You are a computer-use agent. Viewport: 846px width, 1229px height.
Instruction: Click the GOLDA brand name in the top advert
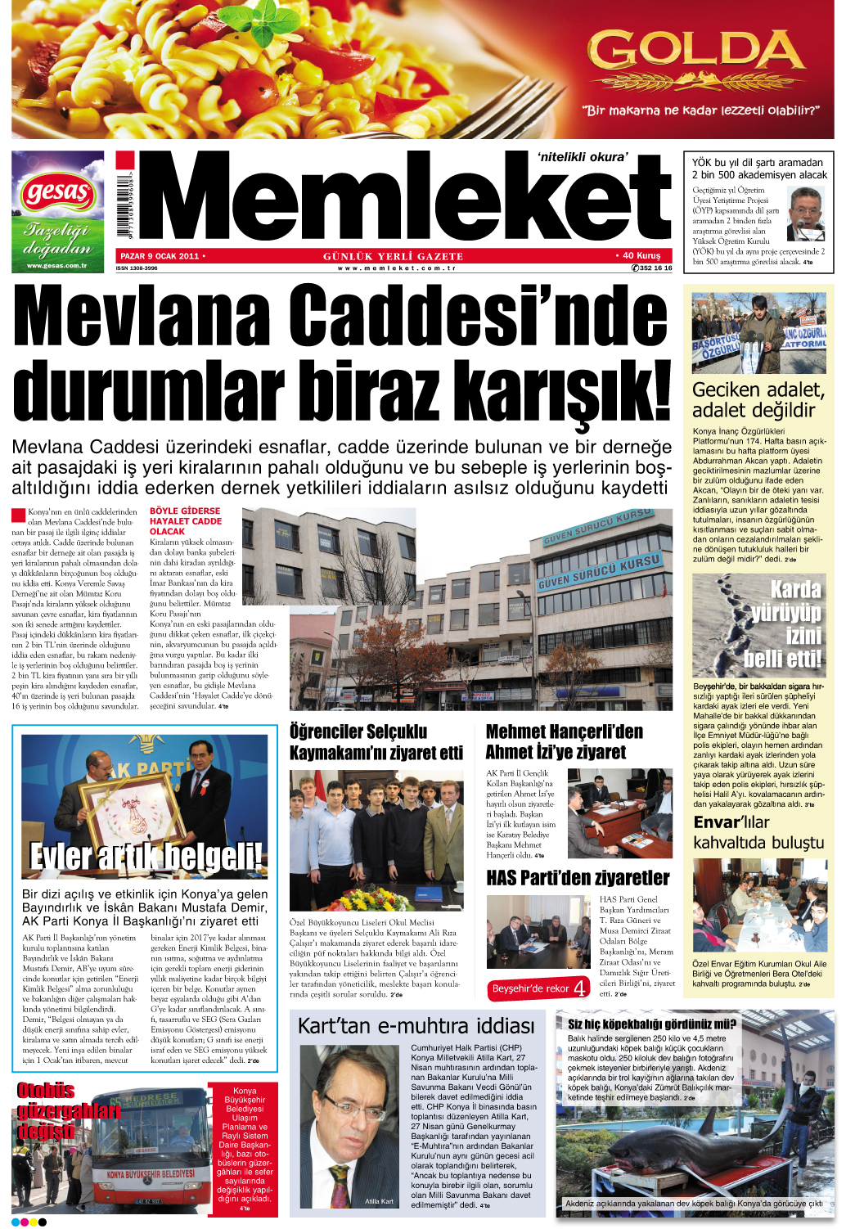point(696,52)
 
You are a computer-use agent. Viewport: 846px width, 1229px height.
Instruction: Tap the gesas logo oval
point(57,193)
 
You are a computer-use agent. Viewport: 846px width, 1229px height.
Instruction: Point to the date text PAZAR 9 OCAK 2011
point(160,256)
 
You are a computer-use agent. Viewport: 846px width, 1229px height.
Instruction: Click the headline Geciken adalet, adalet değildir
point(758,400)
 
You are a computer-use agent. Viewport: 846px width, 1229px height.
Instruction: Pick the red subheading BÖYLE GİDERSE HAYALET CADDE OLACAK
point(186,521)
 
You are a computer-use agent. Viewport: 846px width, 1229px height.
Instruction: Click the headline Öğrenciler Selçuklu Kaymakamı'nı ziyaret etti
point(376,741)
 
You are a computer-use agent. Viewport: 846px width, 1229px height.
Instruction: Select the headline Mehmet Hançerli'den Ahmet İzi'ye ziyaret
point(565,741)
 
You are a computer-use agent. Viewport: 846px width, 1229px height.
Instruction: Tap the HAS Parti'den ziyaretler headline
point(578,878)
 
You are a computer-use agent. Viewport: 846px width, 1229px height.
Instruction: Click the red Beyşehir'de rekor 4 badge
point(538,988)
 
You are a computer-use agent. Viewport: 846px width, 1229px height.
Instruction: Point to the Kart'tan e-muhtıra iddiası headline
point(416,1026)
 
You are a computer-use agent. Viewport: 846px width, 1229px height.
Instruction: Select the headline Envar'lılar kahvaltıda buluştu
point(758,832)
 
